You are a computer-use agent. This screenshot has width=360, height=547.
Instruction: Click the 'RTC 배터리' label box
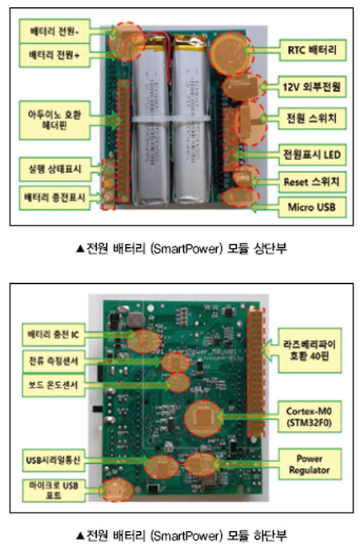point(312,50)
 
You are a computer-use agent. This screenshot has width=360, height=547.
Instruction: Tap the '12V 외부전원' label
point(312,86)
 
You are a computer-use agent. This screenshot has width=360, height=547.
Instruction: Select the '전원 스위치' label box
point(312,118)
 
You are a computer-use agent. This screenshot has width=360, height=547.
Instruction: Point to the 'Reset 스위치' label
point(312,182)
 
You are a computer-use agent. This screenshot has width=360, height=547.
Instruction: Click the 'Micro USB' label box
point(312,207)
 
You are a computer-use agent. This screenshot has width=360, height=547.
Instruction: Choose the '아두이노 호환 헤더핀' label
point(54,120)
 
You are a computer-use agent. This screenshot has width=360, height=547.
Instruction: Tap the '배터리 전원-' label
point(54,31)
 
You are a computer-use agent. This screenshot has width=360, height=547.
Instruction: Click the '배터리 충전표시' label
point(54,198)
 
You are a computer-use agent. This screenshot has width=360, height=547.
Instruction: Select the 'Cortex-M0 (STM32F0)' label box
point(310,417)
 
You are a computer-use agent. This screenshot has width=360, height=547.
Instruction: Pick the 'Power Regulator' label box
point(310,464)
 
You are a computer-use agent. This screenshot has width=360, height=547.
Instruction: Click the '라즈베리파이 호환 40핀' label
point(310,350)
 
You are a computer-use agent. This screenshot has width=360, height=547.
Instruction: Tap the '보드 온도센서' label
point(54,385)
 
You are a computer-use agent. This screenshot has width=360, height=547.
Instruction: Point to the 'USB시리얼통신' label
point(54,460)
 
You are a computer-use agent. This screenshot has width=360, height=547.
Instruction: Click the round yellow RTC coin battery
point(230,53)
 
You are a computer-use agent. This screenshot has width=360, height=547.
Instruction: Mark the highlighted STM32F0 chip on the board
point(203,418)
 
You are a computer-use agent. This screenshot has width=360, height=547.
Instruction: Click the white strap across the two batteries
point(171,118)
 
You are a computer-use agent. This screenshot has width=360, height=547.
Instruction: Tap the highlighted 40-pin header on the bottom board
point(256,373)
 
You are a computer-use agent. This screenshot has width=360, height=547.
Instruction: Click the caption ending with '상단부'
point(182,249)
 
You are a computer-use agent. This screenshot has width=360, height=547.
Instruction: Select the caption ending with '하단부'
point(182,535)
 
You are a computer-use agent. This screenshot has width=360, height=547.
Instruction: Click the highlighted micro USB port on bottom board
point(117,489)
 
